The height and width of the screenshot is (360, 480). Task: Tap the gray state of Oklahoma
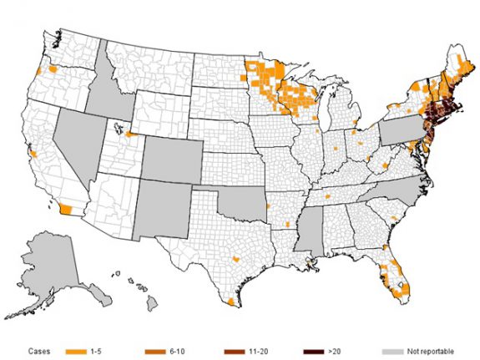pyautogui.click(x=242, y=205)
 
